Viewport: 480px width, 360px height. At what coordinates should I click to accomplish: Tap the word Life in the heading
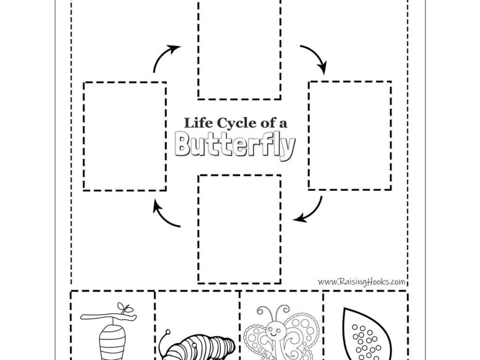coord(195,123)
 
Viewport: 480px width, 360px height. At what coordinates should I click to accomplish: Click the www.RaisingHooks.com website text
coord(361,282)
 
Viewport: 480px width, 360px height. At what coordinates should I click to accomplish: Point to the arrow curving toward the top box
coord(166,58)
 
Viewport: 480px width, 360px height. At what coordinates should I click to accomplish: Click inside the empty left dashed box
coord(125,136)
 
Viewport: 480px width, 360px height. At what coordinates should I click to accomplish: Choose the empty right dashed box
coord(350,135)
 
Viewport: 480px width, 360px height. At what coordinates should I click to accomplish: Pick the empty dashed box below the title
coord(239,229)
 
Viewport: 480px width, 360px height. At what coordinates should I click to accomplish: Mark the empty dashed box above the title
coord(239,49)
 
